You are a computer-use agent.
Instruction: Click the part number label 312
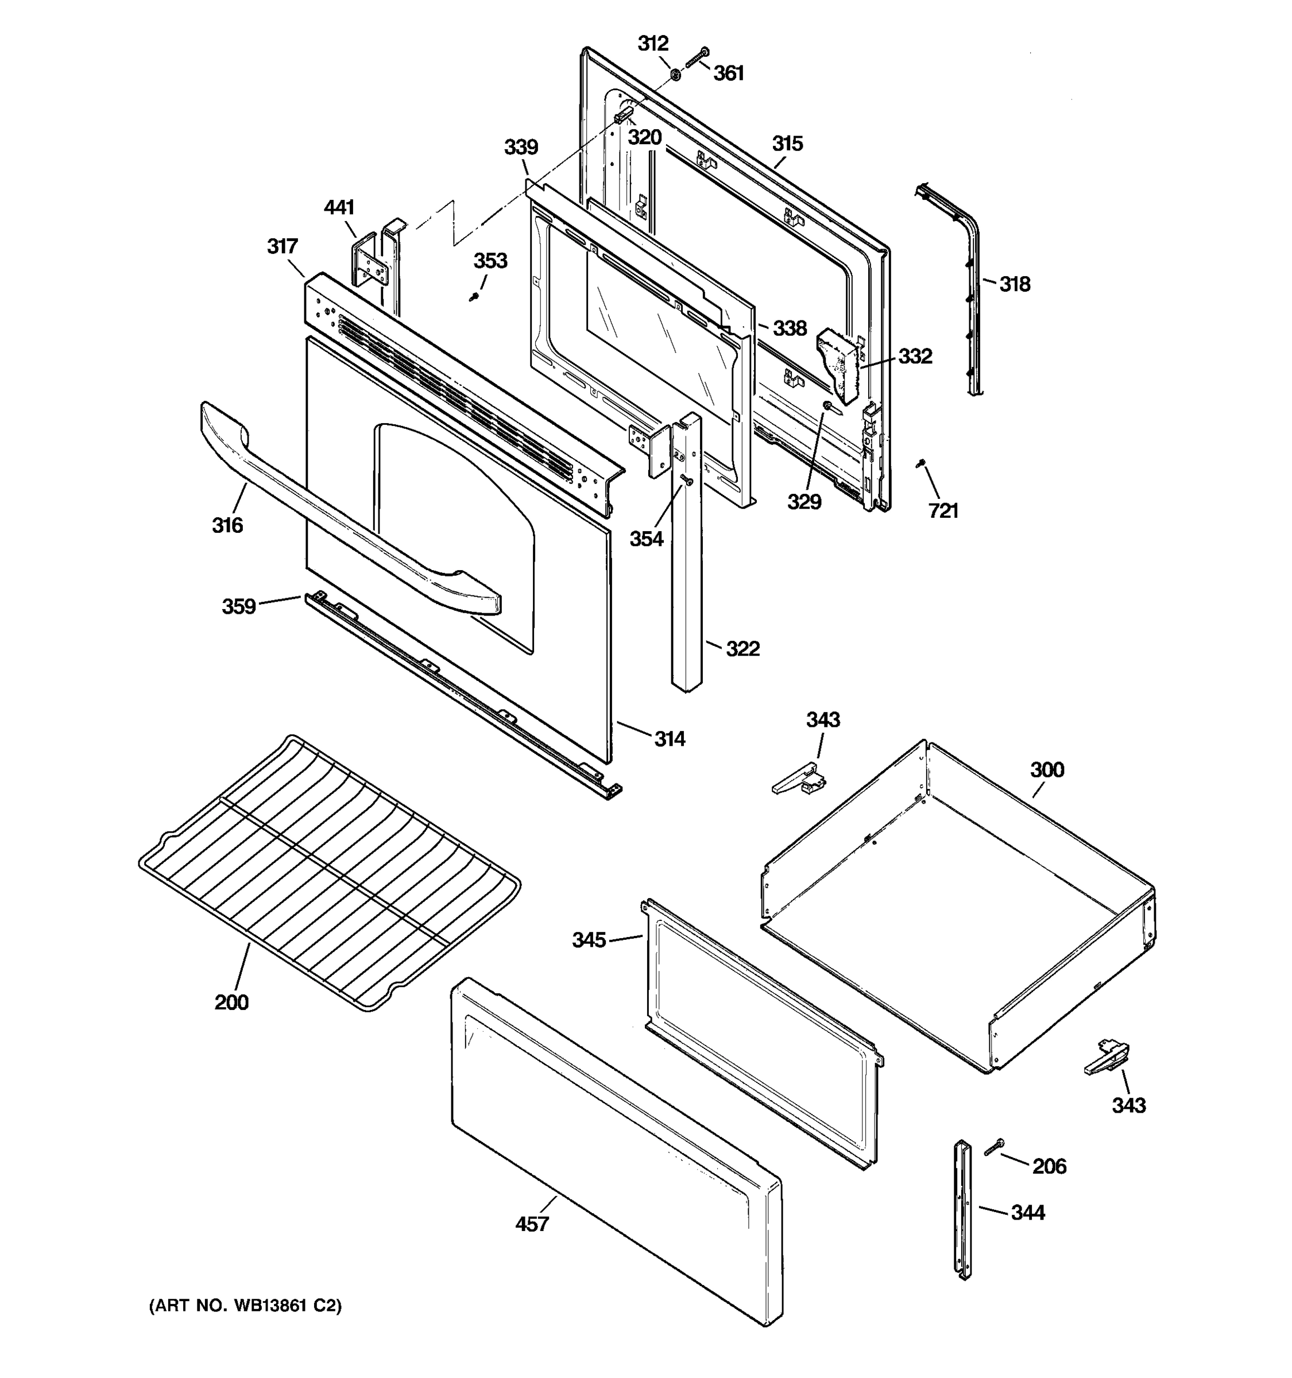652,43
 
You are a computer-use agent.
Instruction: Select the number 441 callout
339,207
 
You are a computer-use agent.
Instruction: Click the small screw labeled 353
474,297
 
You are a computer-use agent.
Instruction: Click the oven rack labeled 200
329,873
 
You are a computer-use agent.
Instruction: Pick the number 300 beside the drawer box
1047,769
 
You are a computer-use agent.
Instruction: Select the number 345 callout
589,940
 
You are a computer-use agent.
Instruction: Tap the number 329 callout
804,501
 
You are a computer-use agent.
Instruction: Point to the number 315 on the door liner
787,144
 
